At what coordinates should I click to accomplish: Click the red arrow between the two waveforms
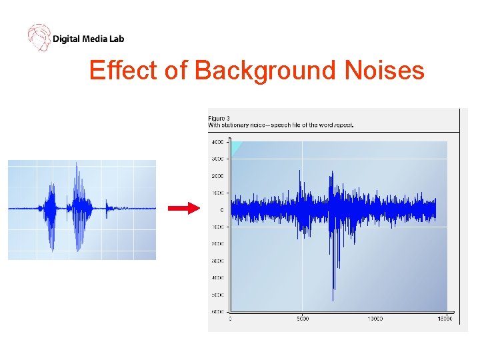coord(183,209)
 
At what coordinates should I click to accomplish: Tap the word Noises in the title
coord(385,70)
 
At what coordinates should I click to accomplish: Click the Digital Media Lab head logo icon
coord(39,37)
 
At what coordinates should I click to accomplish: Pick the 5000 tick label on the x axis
coord(302,319)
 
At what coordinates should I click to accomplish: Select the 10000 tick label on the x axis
coord(375,319)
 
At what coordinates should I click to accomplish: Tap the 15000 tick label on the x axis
coord(445,319)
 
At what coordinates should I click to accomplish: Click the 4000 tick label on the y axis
coord(217,142)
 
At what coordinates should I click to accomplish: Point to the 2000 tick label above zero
coord(217,176)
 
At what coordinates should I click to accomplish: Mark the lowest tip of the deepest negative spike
coord(333,300)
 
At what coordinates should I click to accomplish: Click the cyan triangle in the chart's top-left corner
coord(235,147)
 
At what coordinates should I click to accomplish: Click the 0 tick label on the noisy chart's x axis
coord(231,319)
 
